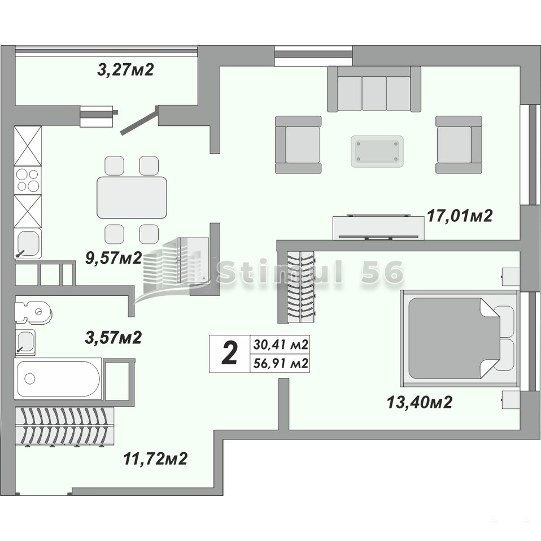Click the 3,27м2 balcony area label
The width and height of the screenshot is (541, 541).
[125, 69]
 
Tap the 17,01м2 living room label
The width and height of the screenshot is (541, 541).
[460, 216]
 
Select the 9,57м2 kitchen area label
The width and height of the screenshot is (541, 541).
[114, 258]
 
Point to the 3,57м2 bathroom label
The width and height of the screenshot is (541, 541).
[113, 337]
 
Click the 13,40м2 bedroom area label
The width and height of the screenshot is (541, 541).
[419, 402]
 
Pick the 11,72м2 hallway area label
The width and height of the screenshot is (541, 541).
[155, 459]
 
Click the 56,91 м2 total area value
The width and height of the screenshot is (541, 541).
[281, 363]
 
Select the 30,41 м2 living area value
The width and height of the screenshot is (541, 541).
[281, 344]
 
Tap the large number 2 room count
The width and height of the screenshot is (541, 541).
[229, 354]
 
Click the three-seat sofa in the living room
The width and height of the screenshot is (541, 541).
[374, 89]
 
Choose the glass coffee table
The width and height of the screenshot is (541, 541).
[377, 151]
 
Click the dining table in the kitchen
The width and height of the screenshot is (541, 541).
[132, 198]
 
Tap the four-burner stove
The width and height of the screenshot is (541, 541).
[28, 181]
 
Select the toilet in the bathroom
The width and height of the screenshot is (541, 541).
[33, 312]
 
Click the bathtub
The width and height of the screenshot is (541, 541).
[58, 379]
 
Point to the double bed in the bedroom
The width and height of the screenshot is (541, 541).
[460, 338]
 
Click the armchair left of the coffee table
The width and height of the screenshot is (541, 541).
[298, 145]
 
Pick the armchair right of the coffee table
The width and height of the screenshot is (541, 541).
[459, 145]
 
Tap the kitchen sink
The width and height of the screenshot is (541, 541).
[28, 243]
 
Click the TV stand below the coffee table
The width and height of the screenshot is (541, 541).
[378, 228]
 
